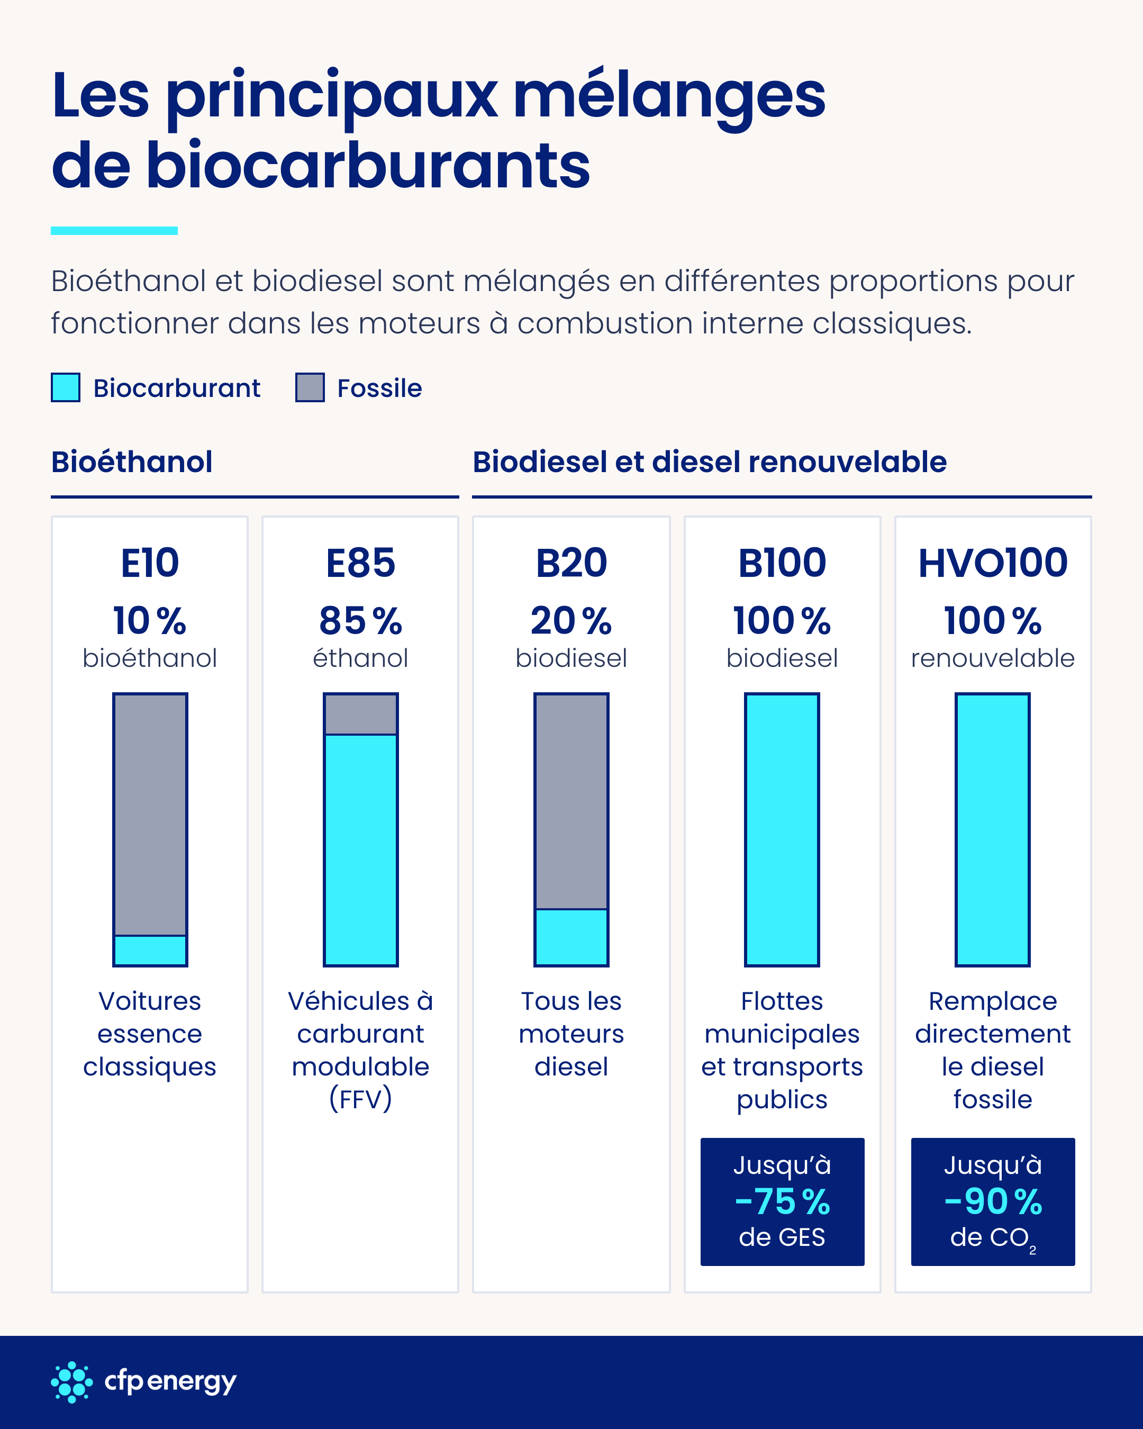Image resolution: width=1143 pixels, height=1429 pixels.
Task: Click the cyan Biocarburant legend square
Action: pos(66,388)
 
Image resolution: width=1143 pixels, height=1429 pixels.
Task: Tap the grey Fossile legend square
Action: pos(310,388)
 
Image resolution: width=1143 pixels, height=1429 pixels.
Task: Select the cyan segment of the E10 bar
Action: pos(150,951)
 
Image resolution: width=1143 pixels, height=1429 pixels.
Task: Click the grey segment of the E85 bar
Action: pos(360,714)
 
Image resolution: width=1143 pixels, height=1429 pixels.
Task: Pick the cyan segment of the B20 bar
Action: pos(571,937)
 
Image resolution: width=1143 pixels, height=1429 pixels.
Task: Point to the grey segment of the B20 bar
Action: pos(571,801)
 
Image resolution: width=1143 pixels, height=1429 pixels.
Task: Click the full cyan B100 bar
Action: pos(782,830)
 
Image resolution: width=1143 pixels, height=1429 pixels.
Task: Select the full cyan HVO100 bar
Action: pos(993,830)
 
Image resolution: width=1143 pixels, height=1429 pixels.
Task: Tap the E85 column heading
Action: pos(360,563)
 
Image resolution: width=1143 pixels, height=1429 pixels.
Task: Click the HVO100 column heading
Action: pos(993,563)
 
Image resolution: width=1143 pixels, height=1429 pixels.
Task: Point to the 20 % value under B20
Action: pos(571,621)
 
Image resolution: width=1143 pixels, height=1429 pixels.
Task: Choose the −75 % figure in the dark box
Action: pos(782,1201)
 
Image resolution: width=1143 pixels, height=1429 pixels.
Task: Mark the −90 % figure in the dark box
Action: pos(993,1201)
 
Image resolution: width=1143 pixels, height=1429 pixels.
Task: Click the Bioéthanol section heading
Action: pos(132,462)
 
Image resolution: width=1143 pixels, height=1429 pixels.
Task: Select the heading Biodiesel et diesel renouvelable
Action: pos(709,462)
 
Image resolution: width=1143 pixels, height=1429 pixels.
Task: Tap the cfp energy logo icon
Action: pos(71,1382)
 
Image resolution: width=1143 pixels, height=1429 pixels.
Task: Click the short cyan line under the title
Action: pos(114,231)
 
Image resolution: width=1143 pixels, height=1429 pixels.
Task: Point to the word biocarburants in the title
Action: pos(368,165)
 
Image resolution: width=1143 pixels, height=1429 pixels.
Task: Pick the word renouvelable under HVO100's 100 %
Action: pos(993,658)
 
